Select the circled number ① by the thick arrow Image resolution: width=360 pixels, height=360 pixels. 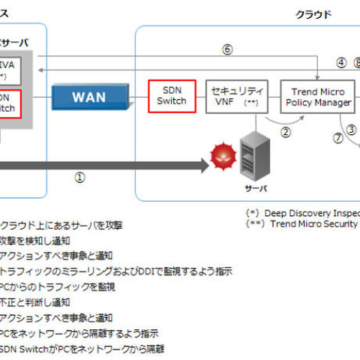[80, 177]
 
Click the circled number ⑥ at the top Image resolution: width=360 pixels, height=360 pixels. [227, 50]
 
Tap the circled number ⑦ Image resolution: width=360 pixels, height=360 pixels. [338, 138]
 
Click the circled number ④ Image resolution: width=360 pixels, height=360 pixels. [341, 63]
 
